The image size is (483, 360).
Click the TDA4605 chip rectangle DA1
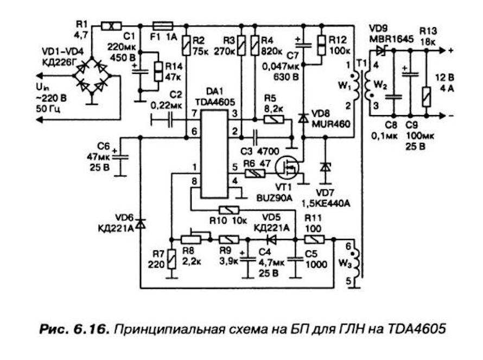214,154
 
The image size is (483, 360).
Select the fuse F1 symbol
163,26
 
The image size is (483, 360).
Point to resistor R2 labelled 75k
186,46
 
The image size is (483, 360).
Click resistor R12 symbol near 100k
321,45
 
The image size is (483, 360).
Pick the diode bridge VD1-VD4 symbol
92,75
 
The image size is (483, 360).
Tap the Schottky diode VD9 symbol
381,50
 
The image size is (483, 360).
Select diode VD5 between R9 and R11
271,239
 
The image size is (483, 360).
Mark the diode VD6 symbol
141,224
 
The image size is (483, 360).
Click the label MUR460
331,124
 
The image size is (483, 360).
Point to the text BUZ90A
274,198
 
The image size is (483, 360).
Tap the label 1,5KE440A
326,204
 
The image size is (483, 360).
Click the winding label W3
345,263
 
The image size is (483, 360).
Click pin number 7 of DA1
194,113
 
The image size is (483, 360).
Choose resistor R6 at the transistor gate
255,174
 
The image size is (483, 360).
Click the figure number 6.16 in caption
91,329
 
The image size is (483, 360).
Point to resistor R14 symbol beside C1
158,71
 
